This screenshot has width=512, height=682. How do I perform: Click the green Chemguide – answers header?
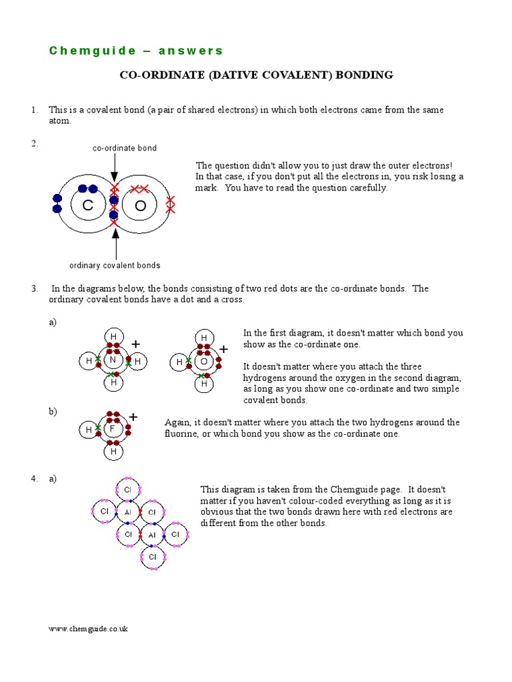tap(136, 51)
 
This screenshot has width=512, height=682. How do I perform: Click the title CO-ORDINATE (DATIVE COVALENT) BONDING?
tap(256, 75)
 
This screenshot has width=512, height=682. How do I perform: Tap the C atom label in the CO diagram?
tap(87, 206)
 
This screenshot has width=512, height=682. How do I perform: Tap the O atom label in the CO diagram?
tap(140, 206)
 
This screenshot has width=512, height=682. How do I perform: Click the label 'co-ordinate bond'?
tap(125, 148)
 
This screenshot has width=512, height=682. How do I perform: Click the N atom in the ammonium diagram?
tap(113, 361)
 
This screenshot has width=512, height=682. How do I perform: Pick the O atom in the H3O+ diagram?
tap(204, 362)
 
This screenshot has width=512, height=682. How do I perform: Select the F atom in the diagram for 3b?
tap(113, 429)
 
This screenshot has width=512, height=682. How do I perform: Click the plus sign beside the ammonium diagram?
tap(136, 344)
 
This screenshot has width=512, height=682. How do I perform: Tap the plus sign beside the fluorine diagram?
tap(133, 417)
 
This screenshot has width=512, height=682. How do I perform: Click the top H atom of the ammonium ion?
tap(113, 337)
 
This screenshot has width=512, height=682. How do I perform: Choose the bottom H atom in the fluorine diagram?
tap(113, 452)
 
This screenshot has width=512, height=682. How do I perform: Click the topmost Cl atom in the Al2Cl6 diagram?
tap(127, 490)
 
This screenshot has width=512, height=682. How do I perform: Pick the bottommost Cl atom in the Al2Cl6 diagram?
tap(152, 557)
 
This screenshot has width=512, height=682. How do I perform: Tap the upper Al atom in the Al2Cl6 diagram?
tap(128, 512)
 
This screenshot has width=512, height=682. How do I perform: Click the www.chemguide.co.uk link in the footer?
tap(88, 629)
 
